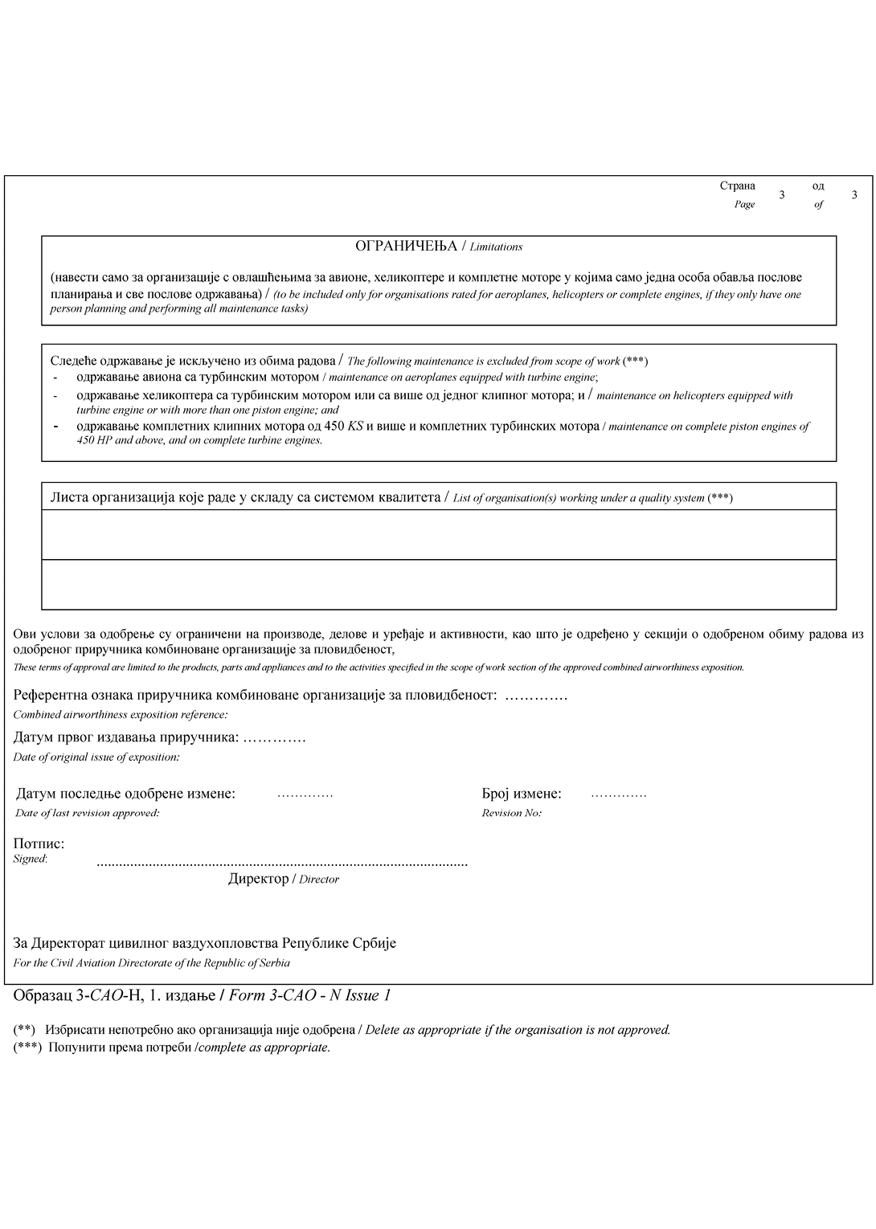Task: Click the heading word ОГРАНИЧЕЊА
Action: [406, 246]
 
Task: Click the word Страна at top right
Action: [737, 186]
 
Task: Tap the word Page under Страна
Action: [744, 204]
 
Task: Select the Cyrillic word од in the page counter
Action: [818, 186]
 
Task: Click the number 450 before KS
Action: [334, 426]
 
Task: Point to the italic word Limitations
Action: [496, 247]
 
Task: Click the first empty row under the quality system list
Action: [439, 534]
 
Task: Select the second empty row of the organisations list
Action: [439, 584]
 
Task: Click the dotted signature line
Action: [281, 864]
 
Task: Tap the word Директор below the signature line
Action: [258, 879]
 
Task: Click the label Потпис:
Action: [39, 843]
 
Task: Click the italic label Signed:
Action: [31, 859]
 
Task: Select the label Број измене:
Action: [522, 794]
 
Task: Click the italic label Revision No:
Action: [511, 813]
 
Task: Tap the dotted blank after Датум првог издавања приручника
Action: [274, 738]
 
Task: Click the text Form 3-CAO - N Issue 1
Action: [310, 996]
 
